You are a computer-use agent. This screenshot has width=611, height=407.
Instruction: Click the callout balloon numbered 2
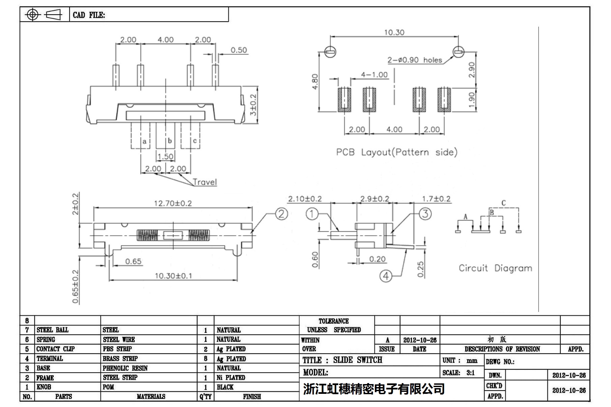281,214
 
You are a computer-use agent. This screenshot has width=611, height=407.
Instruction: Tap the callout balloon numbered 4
386,276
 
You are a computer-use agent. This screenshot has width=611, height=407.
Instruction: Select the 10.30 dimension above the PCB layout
394,32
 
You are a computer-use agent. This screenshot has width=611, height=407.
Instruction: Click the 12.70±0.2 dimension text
173,203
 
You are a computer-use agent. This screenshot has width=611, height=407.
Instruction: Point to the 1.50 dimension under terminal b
165,156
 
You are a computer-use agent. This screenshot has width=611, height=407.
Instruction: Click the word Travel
205,182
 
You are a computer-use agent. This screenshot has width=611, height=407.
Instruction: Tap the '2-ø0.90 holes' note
415,60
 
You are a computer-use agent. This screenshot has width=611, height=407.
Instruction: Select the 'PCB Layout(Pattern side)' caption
397,152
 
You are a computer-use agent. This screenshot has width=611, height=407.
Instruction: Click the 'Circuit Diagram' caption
495,268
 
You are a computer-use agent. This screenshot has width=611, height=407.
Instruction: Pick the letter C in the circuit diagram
503,203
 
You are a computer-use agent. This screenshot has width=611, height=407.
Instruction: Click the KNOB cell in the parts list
44,387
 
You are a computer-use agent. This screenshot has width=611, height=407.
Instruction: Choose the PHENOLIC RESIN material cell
125,368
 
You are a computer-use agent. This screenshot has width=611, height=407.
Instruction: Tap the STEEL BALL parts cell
52,330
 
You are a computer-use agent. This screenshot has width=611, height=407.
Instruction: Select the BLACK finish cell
225,387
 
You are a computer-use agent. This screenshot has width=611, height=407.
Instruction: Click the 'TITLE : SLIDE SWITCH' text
342,360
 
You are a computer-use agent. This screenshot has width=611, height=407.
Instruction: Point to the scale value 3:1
470,373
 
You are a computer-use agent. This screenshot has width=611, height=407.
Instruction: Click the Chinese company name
374,389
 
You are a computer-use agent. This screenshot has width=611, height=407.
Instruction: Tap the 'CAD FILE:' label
89,15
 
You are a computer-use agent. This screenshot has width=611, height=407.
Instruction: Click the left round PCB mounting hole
330,52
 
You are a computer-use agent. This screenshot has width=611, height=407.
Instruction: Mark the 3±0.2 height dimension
253,105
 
